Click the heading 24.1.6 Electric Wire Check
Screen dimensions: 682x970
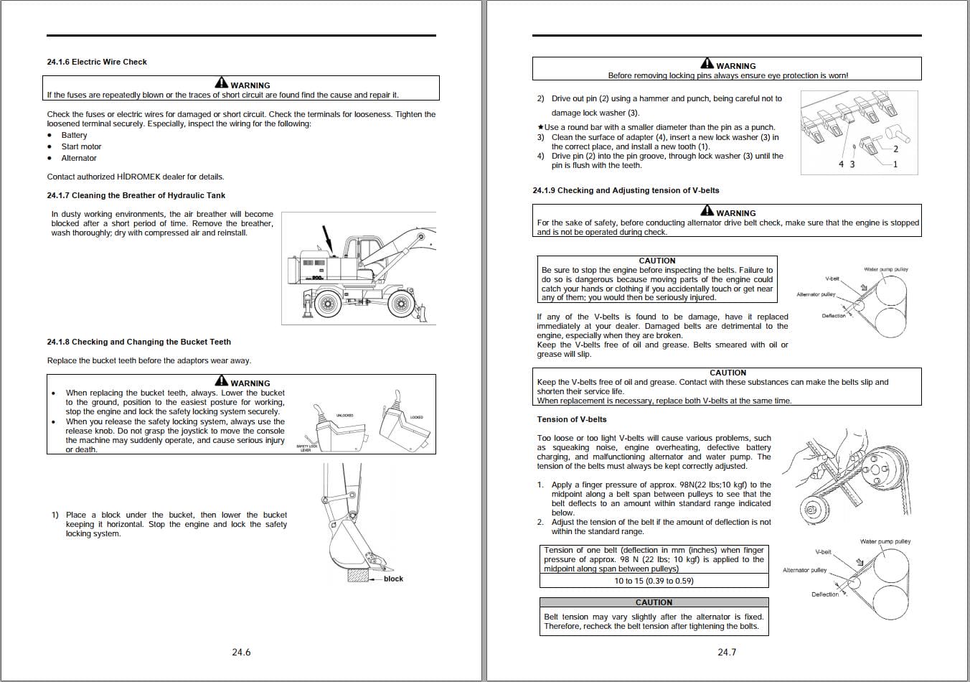[97, 62]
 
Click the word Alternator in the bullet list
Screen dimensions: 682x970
[79, 158]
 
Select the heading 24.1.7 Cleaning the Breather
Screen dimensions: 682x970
[136, 195]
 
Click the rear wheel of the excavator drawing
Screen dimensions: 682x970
[326, 304]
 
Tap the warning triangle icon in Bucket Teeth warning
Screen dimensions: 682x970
[221, 381]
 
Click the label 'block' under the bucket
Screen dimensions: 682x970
[393, 579]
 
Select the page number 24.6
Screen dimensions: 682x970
[241, 652]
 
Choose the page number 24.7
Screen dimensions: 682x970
[727, 652]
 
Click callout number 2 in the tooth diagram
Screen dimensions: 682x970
[895, 149]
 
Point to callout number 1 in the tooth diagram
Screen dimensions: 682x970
[895, 164]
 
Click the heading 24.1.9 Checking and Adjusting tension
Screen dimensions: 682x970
[626, 190]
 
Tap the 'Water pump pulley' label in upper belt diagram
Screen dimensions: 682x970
[885, 269]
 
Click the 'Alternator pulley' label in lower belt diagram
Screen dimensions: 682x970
[804, 570]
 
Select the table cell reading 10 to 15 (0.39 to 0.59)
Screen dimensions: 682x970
[654, 581]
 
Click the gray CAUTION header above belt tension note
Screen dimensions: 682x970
[654, 602]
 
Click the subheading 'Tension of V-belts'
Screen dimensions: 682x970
[572, 419]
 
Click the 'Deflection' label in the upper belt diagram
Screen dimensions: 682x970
[834, 316]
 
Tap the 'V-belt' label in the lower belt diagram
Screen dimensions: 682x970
[823, 552]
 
